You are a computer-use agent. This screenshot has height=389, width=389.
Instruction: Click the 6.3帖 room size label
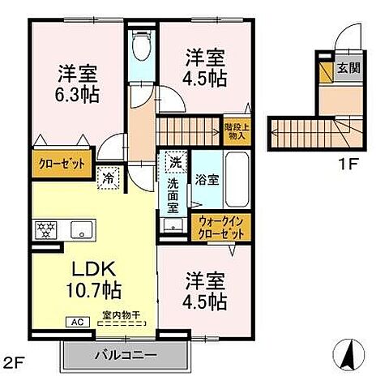point(78,94)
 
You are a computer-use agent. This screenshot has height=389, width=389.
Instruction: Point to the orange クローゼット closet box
point(61,162)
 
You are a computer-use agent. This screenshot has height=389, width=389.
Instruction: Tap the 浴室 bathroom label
point(207,180)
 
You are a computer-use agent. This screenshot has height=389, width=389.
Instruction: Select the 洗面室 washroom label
point(173,195)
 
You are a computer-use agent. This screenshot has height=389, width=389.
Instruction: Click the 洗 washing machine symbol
point(173,161)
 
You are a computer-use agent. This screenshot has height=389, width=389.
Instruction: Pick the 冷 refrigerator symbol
point(107,176)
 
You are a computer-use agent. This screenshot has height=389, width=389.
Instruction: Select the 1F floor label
point(347,162)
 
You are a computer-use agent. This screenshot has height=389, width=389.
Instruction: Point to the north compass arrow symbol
point(348,353)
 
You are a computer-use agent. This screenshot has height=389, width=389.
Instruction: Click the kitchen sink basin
point(81,229)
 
